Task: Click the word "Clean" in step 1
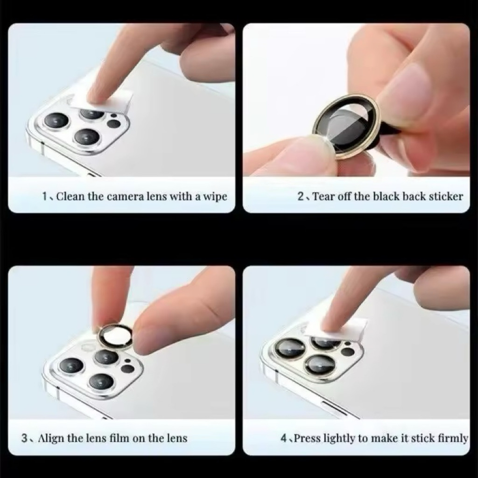pyautogui.click(x=70, y=197)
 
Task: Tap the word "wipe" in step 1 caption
pyautogui.click(x=215, y=197)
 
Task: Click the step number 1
pyautogui.click(x=44, y=197)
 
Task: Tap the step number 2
pyautogui.click(x=301, y=197)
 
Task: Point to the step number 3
pyautogui.click(x=24, y=438)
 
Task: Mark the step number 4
pyautogui.click(x=284, y=438)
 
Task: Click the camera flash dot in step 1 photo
pyautogui.click(x=114, y=116)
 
